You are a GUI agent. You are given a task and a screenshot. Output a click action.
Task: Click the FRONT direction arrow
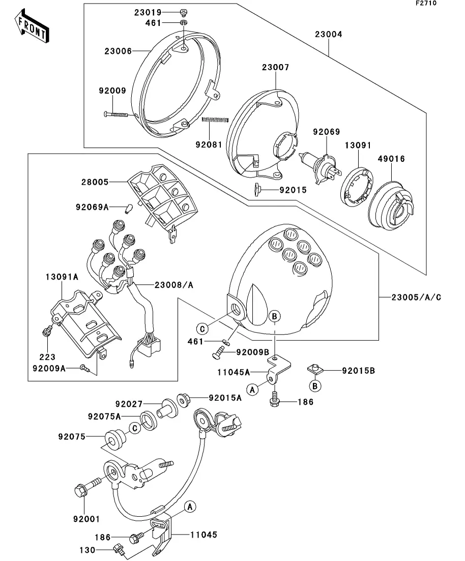pos(32,27)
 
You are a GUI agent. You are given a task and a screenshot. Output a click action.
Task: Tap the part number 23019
pos(148,13)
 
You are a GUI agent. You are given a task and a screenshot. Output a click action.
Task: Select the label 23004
pos(329,35)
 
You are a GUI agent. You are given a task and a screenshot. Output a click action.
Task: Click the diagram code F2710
pos(426,3)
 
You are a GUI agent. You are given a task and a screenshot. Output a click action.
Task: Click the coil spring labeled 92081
pos(215,120)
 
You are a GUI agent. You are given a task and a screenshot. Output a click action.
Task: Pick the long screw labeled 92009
pos(115,114)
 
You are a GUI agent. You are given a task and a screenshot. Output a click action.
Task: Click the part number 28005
pos(95,182)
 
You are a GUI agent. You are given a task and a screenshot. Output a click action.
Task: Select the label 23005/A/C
pos(416,298)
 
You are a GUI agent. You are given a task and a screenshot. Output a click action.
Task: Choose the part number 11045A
pos(234,372)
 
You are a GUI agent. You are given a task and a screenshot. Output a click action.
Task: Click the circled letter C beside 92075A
pos(135,428)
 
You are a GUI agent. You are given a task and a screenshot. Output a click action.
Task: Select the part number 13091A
pos(62,277)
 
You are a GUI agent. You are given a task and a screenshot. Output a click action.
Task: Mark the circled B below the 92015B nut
pos(315,386)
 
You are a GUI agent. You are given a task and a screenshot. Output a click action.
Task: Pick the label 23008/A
pos(174,285)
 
